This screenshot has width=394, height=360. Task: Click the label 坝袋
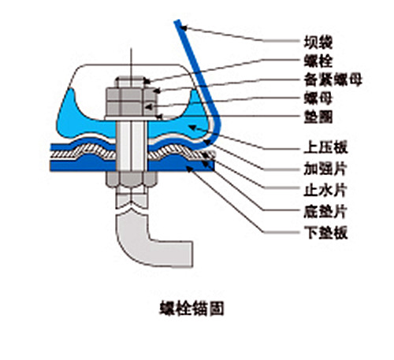tap(318, 43)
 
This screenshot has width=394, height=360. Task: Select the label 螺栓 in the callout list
tap(318, 61)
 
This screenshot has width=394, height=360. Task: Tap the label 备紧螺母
tap(333, 80)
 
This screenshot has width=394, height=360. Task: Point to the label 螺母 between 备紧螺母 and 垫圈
tap(318, 98)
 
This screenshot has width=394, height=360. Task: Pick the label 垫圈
tap(318, 117)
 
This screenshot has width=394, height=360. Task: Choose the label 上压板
tap(325, 147)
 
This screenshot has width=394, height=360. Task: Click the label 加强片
tap(325, 169)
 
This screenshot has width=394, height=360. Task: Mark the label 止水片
tap(325, 190)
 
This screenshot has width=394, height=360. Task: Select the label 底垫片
tap(325, 212)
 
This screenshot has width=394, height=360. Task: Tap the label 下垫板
tap(325, 232)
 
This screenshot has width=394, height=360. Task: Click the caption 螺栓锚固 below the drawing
tap(192, 308)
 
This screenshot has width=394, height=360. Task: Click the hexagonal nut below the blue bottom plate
tap(132, 179)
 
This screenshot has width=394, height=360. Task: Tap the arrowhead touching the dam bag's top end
tap(184, 28)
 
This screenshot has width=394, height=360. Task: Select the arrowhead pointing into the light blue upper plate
tap(192, 128)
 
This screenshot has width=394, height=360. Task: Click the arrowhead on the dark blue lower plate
tap(189, 169)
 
